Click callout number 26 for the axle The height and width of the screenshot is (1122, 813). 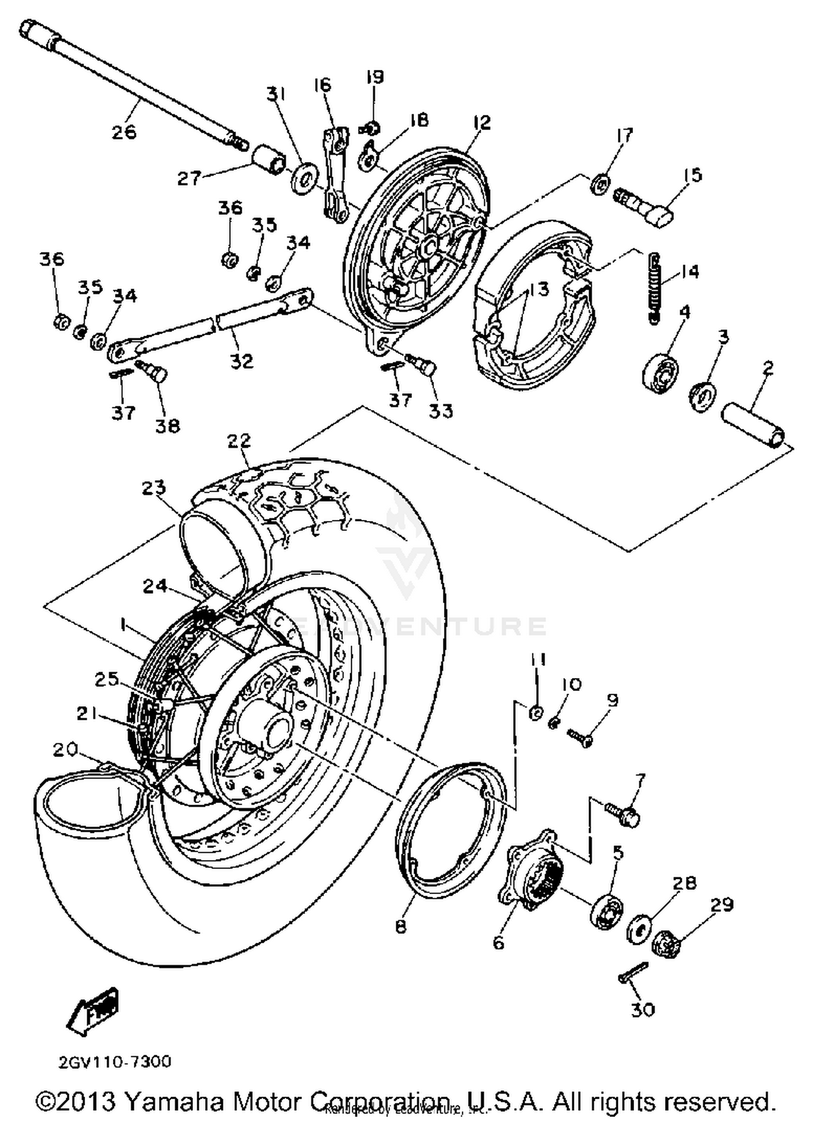tap(124, 132)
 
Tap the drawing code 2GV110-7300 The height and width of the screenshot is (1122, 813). tap(115, 1061)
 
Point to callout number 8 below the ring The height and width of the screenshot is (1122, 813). tap(401, 928)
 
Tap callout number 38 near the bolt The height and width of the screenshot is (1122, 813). tap(167, 426)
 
